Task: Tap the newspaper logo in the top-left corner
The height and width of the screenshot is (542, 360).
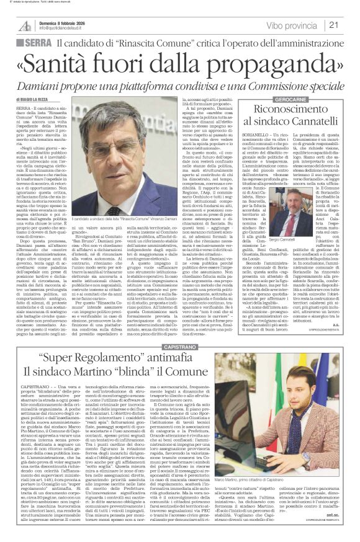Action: coord(24,25)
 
